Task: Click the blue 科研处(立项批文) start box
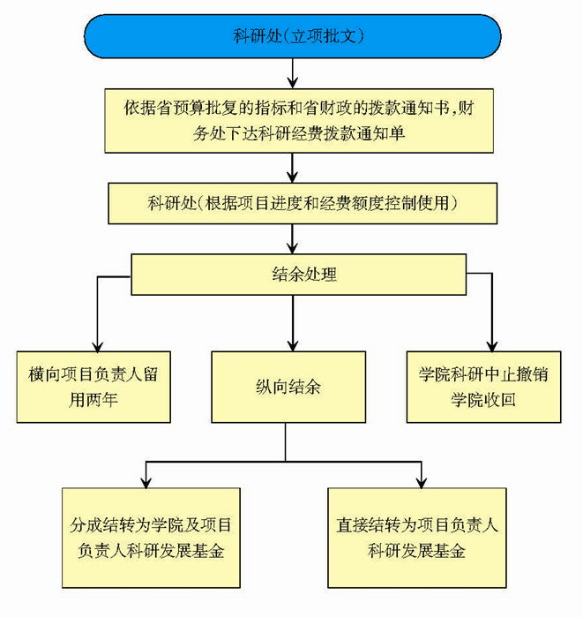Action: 291,37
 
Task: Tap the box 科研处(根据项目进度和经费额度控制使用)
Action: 291,204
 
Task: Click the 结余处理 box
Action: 291,274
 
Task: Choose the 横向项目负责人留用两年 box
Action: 92,387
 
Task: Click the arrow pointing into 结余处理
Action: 291,239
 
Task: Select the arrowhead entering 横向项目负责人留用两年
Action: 96,344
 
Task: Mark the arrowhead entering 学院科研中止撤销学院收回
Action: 490,344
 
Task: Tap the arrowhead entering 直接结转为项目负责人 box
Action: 421,479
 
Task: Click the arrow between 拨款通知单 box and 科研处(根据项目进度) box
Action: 291,167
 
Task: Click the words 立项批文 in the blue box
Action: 322,37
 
